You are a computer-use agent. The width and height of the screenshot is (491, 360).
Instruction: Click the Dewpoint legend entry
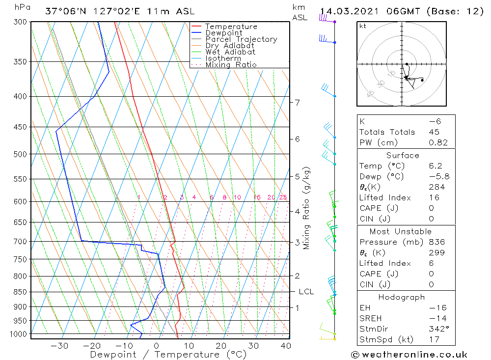224,33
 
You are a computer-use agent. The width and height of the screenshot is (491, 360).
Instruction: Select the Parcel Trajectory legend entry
241,39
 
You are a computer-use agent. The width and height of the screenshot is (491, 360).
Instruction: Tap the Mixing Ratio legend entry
231,64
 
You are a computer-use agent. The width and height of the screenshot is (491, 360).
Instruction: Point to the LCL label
306,292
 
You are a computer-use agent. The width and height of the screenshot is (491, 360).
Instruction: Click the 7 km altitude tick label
298,102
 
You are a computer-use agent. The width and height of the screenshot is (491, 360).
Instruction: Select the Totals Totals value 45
434,132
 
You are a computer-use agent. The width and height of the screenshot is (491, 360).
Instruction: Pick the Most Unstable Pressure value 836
436,242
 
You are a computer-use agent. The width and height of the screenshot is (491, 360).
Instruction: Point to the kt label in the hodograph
363,26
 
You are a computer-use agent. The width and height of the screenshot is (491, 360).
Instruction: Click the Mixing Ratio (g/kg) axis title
307,208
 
